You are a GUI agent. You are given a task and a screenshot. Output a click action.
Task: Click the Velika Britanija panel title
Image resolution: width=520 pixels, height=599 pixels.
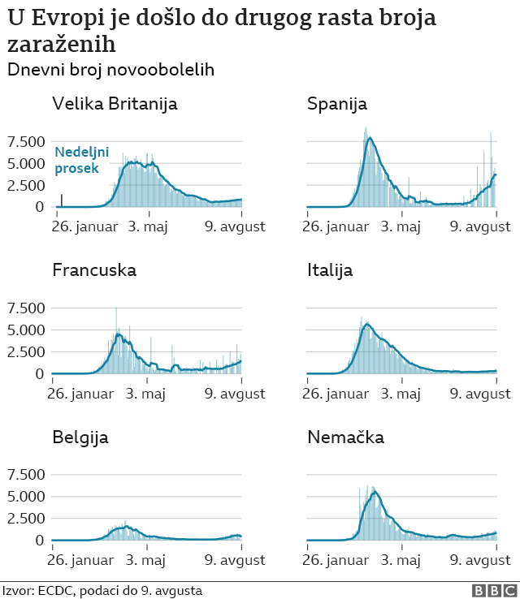[x=115, y=104]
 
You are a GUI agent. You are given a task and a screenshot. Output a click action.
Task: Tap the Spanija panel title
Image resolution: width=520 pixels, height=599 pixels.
[x=337, y=104]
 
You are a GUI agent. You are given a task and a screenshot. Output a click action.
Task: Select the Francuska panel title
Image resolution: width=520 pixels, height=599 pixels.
[x=94, y=270]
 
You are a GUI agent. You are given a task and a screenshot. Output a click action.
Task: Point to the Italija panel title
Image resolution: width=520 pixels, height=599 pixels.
[x=330, y=270]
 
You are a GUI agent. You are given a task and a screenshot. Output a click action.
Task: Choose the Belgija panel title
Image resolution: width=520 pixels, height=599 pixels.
[x=80, y=437]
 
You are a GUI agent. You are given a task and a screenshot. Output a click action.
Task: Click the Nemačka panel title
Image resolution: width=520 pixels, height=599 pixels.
[x=345, y=437]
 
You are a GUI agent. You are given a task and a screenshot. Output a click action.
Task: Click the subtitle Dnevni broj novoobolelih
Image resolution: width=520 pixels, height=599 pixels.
[x=110, y=70]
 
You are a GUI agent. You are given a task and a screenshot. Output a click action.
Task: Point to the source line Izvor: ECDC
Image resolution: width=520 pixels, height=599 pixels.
[x=102, y=591]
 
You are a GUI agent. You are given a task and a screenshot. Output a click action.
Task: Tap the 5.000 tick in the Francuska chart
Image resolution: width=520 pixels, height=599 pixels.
[x=27, y=330]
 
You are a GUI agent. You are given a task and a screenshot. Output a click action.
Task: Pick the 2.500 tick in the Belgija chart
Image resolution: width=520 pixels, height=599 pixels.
[x=27, y=519]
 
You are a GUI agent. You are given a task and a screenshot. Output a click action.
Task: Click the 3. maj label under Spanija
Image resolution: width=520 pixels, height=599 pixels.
[x=401, y=225]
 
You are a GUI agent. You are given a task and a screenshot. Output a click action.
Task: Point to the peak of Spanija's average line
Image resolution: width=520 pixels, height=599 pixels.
[x=370, y=138]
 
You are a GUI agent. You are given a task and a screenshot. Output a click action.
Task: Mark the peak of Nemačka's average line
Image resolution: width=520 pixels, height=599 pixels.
[x=375, y=491]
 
